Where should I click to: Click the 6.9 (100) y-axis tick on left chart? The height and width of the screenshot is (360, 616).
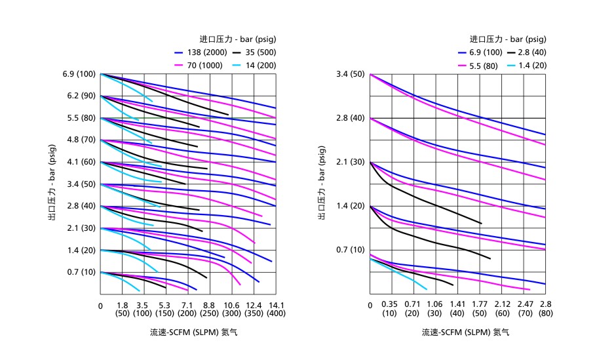pos(79,74)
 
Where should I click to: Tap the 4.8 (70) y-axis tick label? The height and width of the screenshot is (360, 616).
pos(79,140)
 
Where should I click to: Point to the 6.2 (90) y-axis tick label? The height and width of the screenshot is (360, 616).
pos(79,96)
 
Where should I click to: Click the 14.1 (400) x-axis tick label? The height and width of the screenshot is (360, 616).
pos(276,309)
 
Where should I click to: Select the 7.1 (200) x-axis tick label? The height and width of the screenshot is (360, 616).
pos(187,309)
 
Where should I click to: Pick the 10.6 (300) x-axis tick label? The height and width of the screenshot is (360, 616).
pos(231,309)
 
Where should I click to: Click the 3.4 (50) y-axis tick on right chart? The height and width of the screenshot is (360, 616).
pos(349,74)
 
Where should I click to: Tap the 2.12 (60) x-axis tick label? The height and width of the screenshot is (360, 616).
pos(503,309)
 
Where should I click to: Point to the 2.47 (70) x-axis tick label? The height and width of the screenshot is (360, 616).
pos(525,309)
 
